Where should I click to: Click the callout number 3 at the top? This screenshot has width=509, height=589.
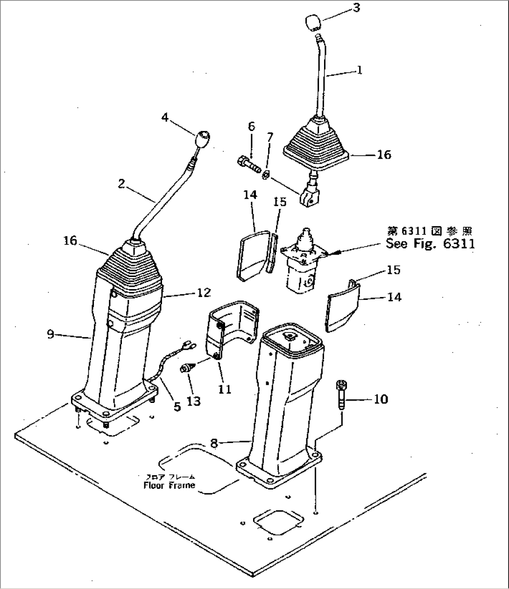coord(356,8)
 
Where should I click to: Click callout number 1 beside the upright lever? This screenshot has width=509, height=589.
coord(359,70)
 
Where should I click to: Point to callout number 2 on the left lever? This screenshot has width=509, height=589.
coord(121,184)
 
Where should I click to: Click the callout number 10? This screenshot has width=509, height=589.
coord(381,399)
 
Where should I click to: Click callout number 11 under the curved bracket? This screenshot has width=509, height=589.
coord(225,388)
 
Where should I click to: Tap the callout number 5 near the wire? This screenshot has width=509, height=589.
coord(177,407)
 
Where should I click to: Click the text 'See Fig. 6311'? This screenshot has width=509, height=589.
coord(430,243)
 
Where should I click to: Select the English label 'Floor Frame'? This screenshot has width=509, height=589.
coord(169,485)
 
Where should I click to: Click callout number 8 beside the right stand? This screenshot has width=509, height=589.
coord(214,443)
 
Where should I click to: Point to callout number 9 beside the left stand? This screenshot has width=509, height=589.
coord(51,334)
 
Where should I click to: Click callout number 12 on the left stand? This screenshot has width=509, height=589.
coord(204,293)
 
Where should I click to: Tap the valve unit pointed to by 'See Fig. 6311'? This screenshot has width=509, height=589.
coord(300,265)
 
